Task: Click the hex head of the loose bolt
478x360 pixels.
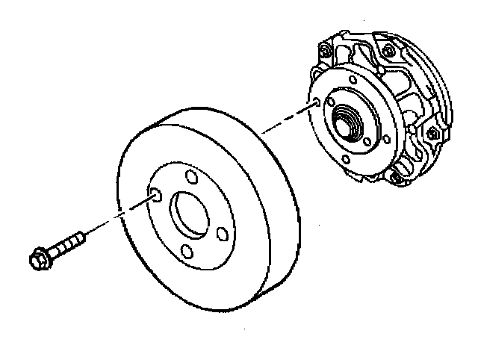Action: (x=37, y=258)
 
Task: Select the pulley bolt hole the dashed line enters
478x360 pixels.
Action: (x=155, y=196)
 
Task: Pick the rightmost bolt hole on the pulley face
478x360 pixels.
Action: (x=221, y=234)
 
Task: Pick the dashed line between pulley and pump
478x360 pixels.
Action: (x=288, y=120)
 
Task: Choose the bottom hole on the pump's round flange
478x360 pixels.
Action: (x=346, y=159)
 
